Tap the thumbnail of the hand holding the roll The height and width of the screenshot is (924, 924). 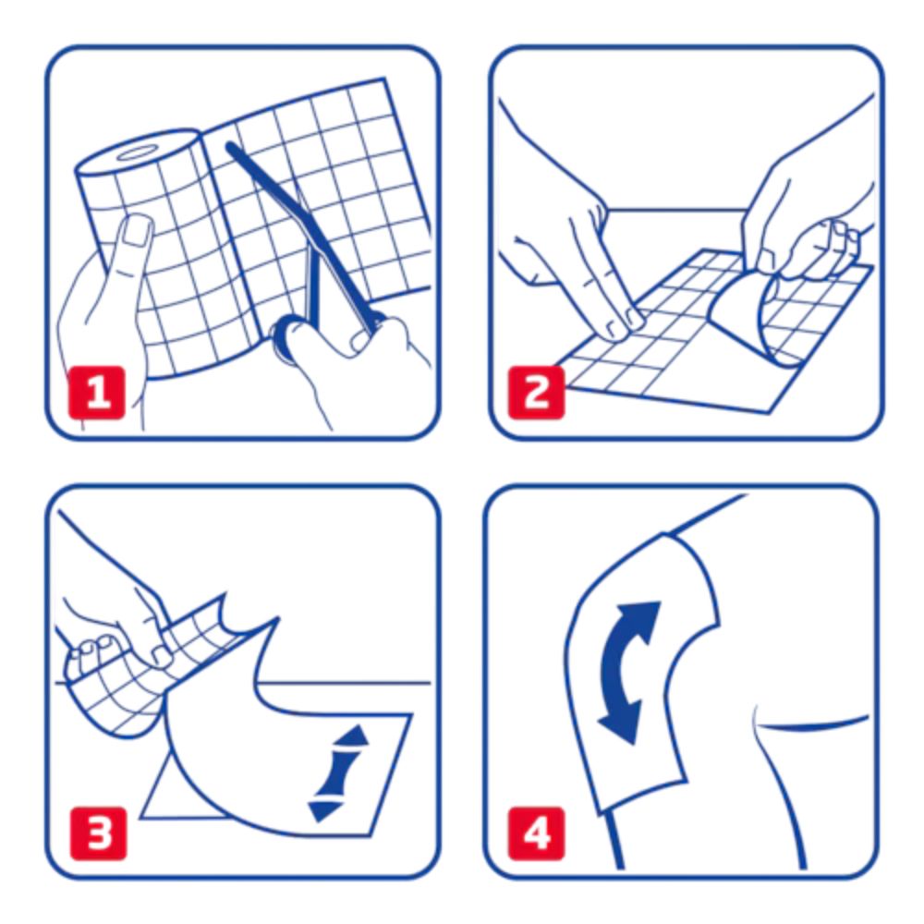pyautogui.click(x=138, y=231)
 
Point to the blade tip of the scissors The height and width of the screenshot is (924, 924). pyautogui.click(x=231, y=148)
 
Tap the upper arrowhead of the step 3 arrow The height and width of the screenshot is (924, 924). pyautogui.click(x=355, y=738)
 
